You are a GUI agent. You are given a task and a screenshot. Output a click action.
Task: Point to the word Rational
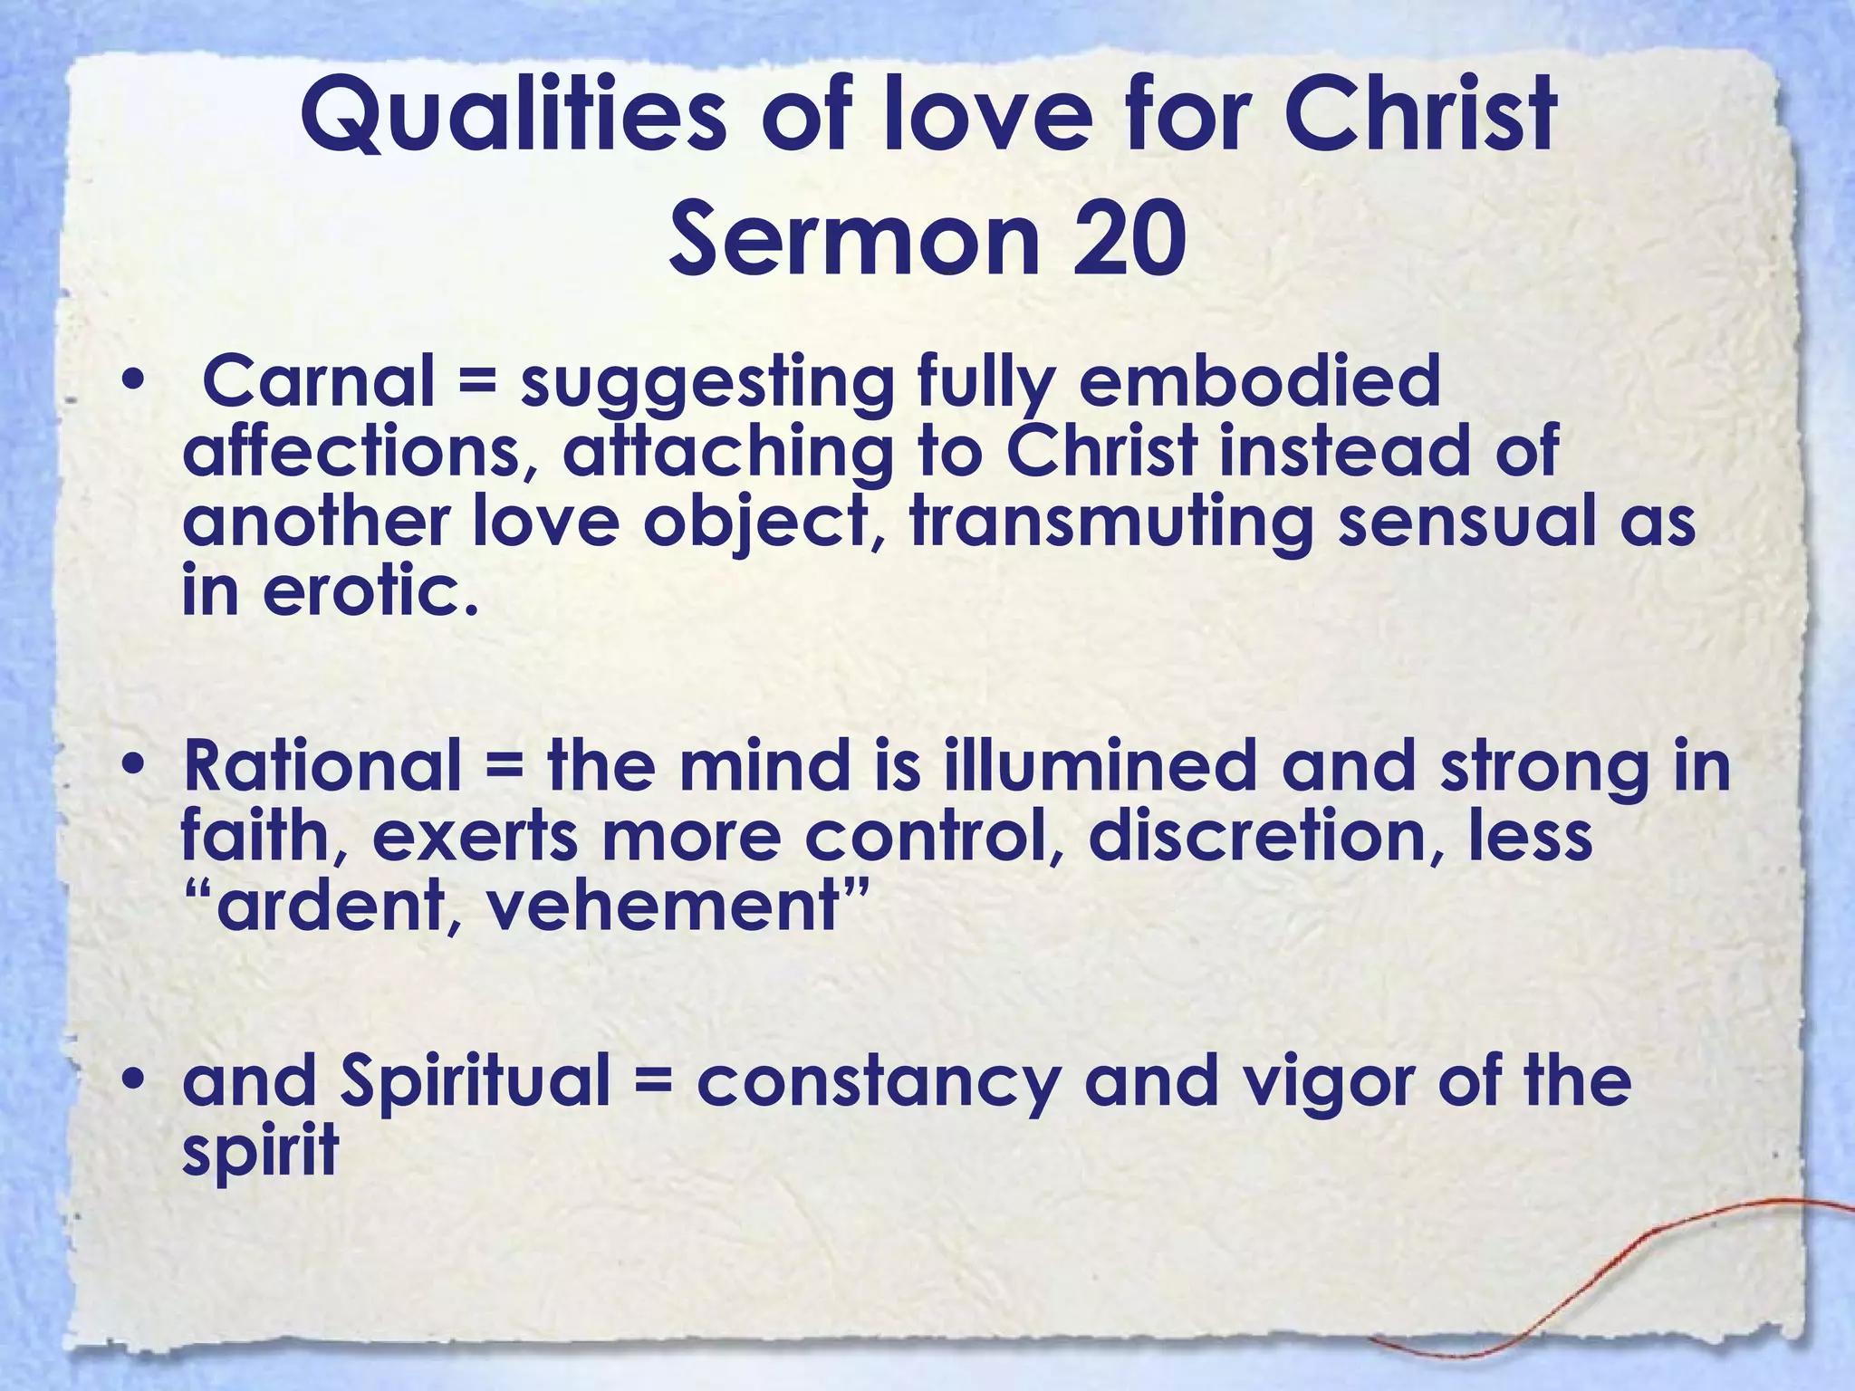click(322, 766)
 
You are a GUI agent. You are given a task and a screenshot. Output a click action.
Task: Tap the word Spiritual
click(476, 1081)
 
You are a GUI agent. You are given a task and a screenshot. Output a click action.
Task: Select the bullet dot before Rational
click(135, 765)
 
